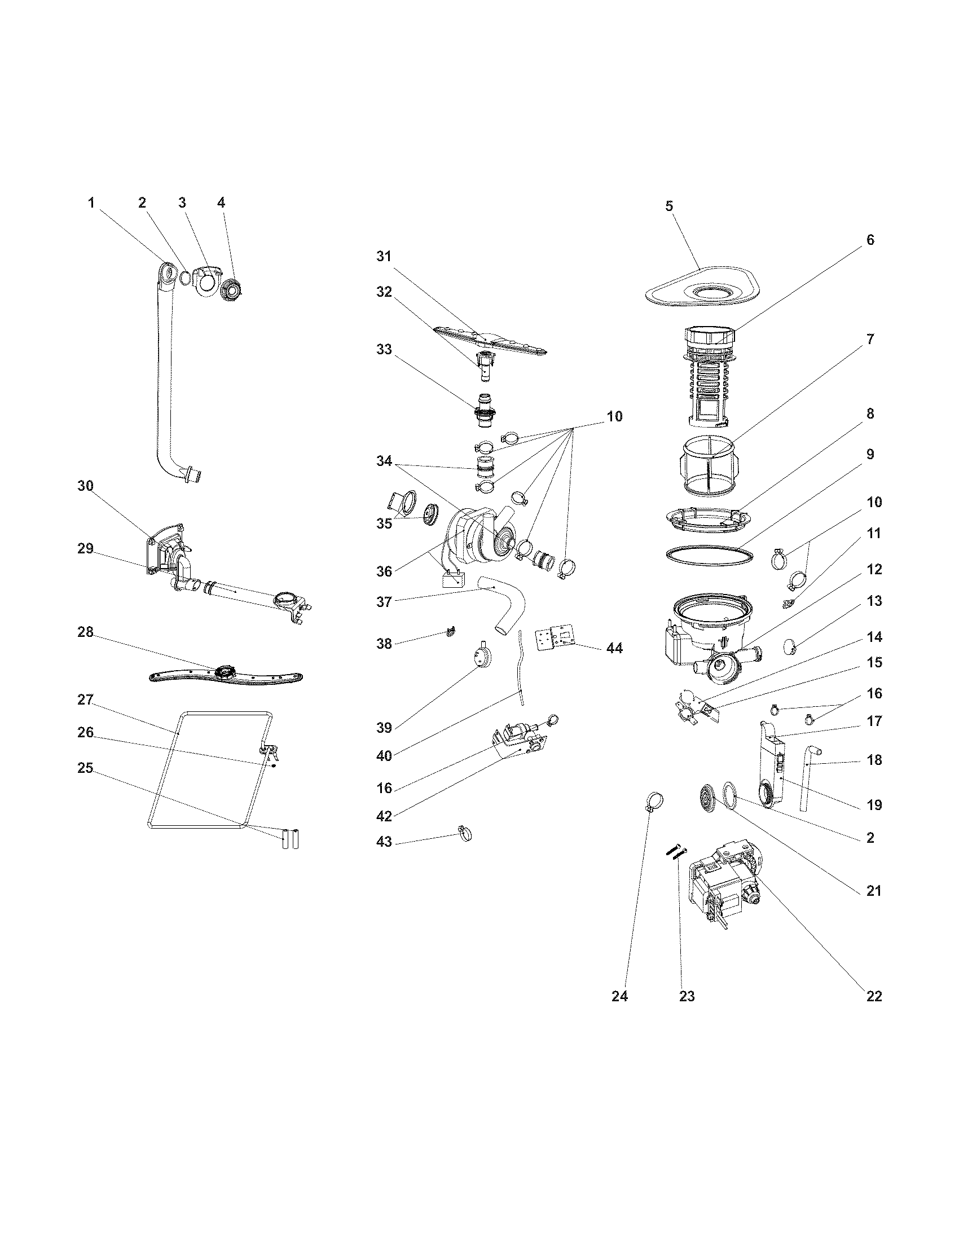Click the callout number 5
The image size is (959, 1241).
(668, 206)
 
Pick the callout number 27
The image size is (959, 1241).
(85, 700)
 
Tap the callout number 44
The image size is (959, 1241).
(614, 648)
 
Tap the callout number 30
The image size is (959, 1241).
(85, 486)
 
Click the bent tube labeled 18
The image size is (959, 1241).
(807, 779)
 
